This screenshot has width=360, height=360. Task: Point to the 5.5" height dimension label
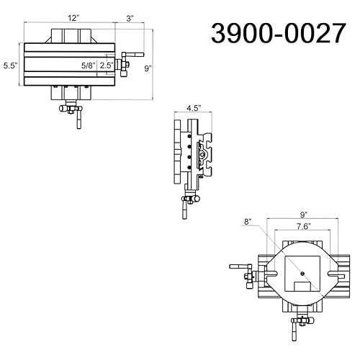click(x=9, y=65)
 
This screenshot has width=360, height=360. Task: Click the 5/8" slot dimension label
click(x=89, y=65)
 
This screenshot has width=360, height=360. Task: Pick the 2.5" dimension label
click(x=106, y=65)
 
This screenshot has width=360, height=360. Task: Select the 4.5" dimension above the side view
click(x=193, y=108)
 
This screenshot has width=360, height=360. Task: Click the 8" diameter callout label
click(x=248, y=222)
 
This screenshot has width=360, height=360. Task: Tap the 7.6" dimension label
click(x=302, y=226)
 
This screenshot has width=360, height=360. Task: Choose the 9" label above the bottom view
click(x=303, y=214)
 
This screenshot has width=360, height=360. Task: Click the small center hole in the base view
click(x=303, y=273)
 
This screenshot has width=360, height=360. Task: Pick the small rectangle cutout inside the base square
click(x=303, y=287)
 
